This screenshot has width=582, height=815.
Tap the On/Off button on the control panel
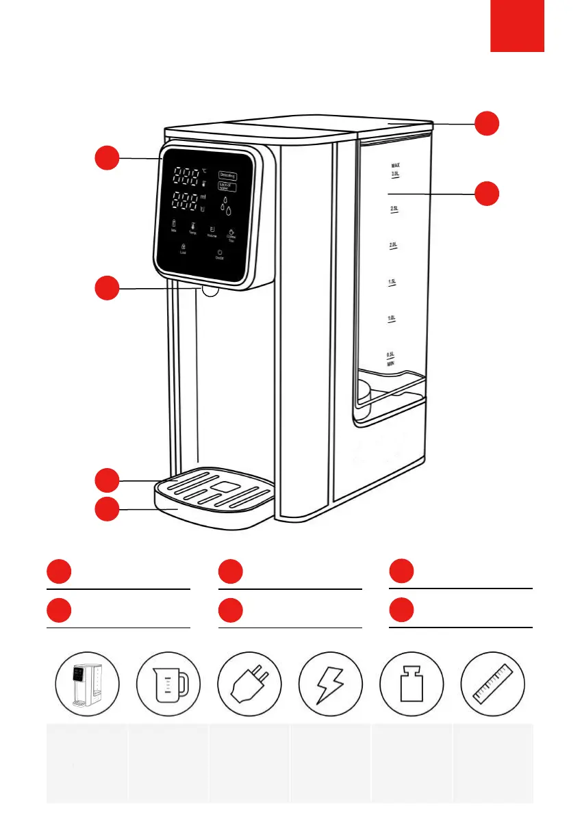pos(219,255)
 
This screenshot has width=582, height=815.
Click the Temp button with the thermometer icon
pos(193,229)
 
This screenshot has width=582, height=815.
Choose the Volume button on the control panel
pos(212,231)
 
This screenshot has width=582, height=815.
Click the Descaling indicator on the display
pos(228,175)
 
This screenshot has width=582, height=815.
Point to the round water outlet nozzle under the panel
pos(210,291)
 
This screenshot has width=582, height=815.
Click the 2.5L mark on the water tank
pos(394,209)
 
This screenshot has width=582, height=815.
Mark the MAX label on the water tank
pos(395,166)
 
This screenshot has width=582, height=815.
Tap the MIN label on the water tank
pos(392,364)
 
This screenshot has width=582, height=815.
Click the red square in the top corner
pos(517,25)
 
